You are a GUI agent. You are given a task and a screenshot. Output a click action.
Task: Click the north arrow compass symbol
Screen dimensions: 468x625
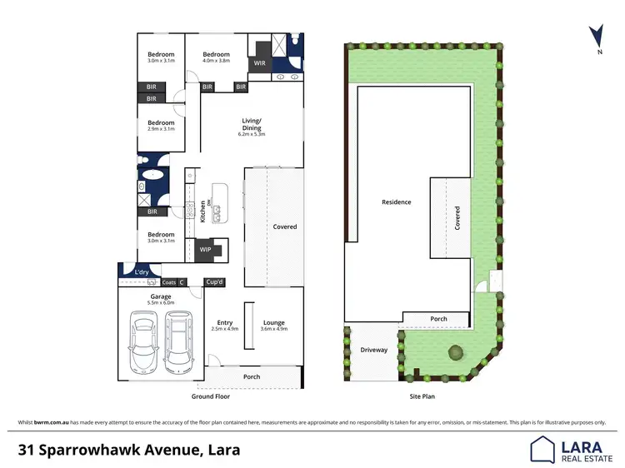pyautogui.click(x=596, y=37)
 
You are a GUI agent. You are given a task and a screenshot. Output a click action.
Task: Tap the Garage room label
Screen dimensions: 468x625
pyautogui.click(x=161, y=296)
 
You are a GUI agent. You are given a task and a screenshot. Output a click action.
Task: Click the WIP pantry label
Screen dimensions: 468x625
pyautogui.click(x=205, y=249)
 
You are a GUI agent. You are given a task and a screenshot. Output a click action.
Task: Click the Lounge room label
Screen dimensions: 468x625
pyautogui.click(x=273, y=322)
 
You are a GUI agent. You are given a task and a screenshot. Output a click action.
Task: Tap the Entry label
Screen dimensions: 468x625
pyautogui.click(x=225, y=322)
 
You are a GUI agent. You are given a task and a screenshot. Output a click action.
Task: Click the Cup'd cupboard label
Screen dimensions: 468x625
pyautogui.click(x=215, y=282)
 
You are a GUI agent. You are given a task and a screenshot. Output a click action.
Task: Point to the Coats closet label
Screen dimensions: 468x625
pyautogui.click(x=169, y=282)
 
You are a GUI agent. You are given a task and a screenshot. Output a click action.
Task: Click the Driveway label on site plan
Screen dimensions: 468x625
pyautogui.click(x=374, y=350)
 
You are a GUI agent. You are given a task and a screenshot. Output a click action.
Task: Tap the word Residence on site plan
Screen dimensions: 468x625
pyautogui.click(x=396, y=202)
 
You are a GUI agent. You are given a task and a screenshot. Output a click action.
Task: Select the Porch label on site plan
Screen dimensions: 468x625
pyautogui.click(x=438, y=319)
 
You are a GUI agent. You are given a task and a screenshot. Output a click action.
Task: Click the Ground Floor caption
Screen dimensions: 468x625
pyautogui.click(x=210, y=396)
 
